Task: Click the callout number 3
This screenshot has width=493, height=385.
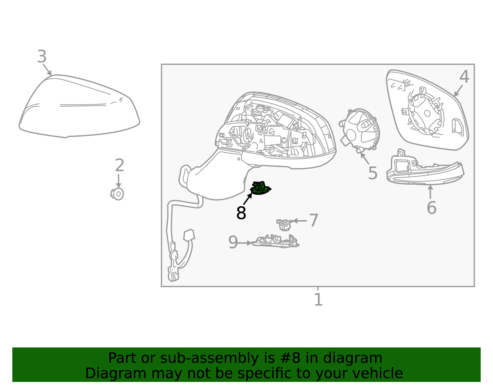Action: [42, 56]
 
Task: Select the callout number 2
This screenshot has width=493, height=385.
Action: [120, 165]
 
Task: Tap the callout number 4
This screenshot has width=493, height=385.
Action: [464, 77]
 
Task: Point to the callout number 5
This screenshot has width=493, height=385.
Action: [373, 173]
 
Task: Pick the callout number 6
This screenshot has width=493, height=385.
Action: [431, 207]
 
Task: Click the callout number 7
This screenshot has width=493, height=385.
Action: [314, 220]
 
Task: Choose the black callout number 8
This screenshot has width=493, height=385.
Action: [241, 213]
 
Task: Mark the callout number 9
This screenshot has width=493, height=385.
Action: [233, 242]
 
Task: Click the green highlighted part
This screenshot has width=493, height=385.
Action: [260, 188]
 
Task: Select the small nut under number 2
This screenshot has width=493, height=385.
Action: [117, 194]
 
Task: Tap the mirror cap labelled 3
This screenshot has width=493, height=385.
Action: [79, 106]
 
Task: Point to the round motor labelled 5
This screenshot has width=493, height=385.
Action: [360, 130]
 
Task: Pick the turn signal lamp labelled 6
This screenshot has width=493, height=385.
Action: [426, 170]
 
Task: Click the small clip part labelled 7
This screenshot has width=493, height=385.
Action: [284, 225]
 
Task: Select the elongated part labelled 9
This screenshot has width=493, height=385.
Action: [275, 241]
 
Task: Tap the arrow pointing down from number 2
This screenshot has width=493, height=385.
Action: [118, 181]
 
